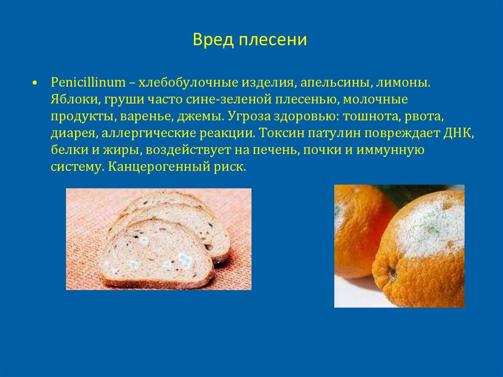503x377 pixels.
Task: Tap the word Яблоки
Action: click(75, 99)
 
